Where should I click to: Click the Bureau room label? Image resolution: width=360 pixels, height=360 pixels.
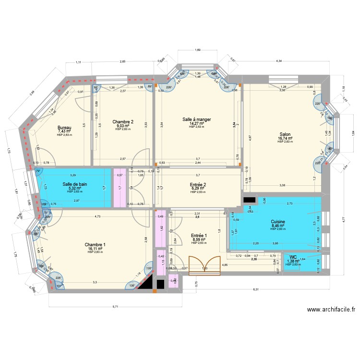(64, 128)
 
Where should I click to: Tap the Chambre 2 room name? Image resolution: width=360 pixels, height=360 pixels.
(123, 122)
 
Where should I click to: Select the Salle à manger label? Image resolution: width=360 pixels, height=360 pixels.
(197, 120)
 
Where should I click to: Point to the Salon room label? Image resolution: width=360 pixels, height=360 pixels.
(285, 135)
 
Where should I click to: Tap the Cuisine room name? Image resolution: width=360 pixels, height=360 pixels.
(278, 222)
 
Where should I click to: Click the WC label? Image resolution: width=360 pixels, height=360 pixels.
(293, 257)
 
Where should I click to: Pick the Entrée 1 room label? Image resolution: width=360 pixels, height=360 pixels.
(198, 235)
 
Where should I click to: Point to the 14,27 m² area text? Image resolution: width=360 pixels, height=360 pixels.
(197, 123)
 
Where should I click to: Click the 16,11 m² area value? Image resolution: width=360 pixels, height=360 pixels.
(95, 249)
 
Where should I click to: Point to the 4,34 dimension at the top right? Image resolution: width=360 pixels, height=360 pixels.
(279, 60)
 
